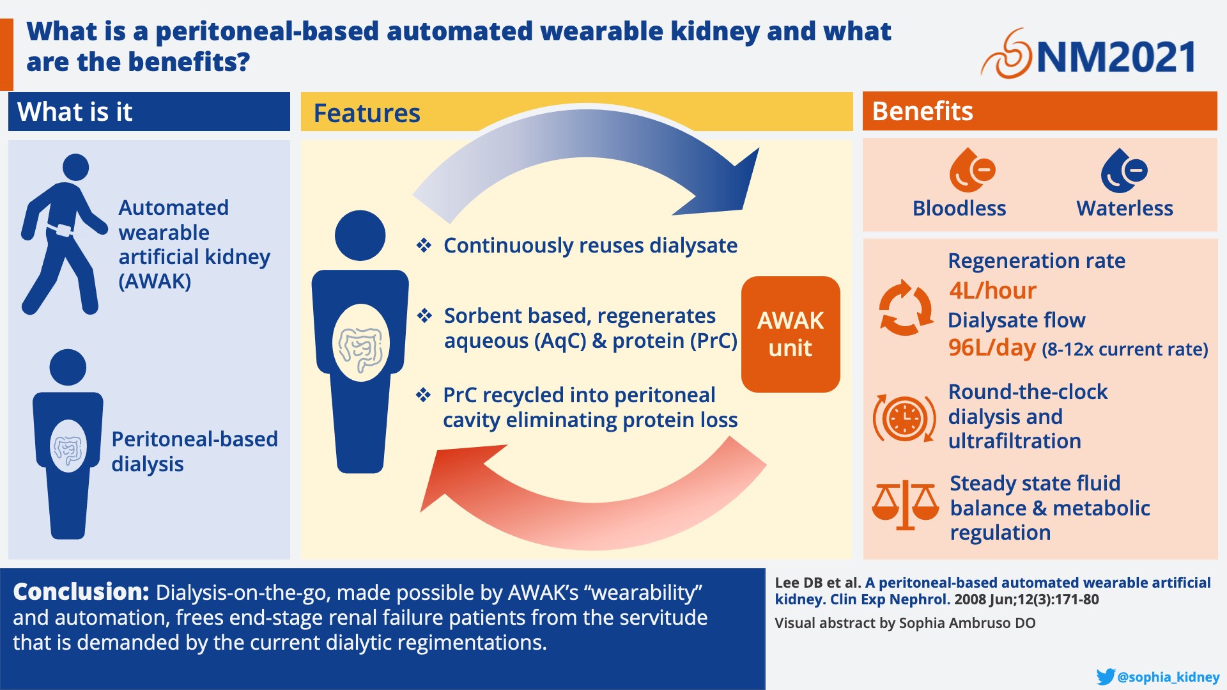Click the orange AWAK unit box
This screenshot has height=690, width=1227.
(791, 334)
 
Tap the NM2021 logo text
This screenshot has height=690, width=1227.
(1116, 57)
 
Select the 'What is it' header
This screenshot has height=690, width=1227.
(75, 112)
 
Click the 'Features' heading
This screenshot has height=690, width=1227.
(367, 113)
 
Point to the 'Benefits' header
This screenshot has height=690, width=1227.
(922, 111)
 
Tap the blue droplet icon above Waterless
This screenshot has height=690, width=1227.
(1123, 170)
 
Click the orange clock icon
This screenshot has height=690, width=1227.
(904, 419)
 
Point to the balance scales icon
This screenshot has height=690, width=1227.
(905, 505)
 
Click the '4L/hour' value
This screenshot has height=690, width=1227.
(992, 290)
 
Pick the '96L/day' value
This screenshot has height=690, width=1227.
(991, 348)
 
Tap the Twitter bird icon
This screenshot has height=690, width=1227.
(1106, 677)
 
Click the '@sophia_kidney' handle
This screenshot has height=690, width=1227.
(1169, 677)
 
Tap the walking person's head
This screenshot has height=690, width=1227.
(75, 167)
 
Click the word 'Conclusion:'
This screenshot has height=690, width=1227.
(81, 592)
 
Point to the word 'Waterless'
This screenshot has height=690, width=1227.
(1125, 208)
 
